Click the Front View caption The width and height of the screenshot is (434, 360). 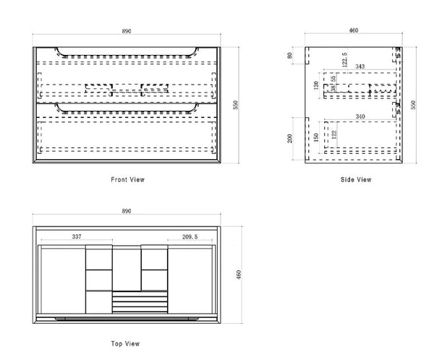point(127,179)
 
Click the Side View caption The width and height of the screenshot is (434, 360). point(355,179)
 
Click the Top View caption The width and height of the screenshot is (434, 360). point(126,343)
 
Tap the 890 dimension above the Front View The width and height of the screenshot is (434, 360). point(127,33)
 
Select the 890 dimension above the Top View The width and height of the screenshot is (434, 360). point(127,211)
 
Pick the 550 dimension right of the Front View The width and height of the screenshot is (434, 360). point(234,105)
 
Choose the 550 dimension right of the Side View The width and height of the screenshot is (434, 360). point(413,105)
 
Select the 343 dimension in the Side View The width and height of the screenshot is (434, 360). point(360,67)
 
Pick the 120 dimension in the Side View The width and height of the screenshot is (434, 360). point(316,85)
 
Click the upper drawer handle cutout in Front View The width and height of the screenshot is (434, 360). point(127,53)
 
